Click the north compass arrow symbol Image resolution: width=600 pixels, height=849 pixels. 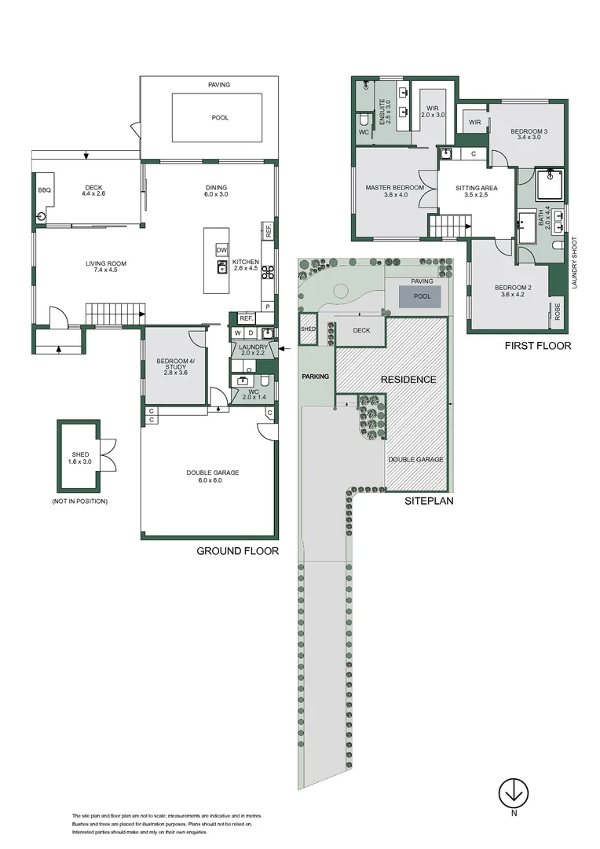point(513,792)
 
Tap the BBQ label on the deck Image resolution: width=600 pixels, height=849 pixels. point(43,190)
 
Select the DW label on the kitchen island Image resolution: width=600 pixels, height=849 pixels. point(221,250)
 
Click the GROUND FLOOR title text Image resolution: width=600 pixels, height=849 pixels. point(237,551)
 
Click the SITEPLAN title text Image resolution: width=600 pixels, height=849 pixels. point(430,500)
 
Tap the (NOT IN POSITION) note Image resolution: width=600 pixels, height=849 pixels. point(79,501)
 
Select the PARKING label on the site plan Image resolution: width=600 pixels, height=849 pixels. point(316,377)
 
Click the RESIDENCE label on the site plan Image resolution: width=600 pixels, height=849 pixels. point(408,380)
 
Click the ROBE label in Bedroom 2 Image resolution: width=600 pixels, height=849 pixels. point(557,311)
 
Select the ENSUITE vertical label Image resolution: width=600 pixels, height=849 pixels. point(384,113)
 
